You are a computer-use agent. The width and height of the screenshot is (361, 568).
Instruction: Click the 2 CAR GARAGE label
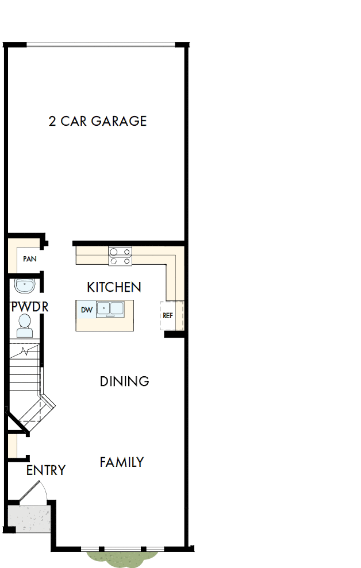click(98, 121)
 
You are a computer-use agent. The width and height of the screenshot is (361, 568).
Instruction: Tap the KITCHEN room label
click(114, 287)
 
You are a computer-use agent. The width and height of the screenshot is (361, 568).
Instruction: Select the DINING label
click(124, 381)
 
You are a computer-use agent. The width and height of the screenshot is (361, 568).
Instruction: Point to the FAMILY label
click(121, 462)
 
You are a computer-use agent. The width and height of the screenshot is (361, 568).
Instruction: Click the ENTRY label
click(46, 470)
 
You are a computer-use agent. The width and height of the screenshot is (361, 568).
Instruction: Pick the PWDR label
click(30, 307)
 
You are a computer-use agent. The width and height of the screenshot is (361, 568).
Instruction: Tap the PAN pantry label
click(30, 259)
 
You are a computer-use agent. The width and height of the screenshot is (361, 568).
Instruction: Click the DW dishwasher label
click(86, 310)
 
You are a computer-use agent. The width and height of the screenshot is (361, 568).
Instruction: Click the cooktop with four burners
click(120, 256)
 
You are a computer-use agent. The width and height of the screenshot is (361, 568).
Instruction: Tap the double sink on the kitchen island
click(110, 309)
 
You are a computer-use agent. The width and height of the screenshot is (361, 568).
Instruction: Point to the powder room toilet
click(25, 326)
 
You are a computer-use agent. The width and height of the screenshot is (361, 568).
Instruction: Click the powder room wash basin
click(25, 285)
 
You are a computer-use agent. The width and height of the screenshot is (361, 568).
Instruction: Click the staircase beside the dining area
click(26, 379)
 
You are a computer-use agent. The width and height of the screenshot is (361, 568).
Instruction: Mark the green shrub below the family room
click(122, 558)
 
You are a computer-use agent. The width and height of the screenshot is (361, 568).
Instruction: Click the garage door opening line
click(101, 45)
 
